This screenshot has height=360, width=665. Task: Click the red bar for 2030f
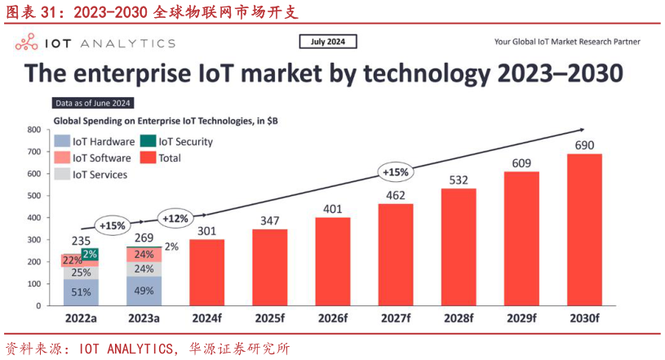coord(584,229)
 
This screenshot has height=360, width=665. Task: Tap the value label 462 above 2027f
coord(396,195)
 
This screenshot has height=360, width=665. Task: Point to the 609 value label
coord(521,162)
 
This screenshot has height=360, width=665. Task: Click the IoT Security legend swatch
coord(148,141)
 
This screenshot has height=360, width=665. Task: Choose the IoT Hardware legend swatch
coord(62,141)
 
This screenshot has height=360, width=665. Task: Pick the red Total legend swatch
coord(148,158)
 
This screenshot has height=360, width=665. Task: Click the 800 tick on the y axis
coord(34,130)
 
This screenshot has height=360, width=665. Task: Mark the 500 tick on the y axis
coord(34,196)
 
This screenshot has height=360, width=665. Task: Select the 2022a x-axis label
coord(80,318)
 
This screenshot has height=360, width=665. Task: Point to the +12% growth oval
coord(175,219)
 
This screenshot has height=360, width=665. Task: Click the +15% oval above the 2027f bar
coord(396,172)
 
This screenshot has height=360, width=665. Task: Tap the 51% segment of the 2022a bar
coord(80,291)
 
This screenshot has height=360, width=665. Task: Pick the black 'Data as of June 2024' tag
coord(93,103)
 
